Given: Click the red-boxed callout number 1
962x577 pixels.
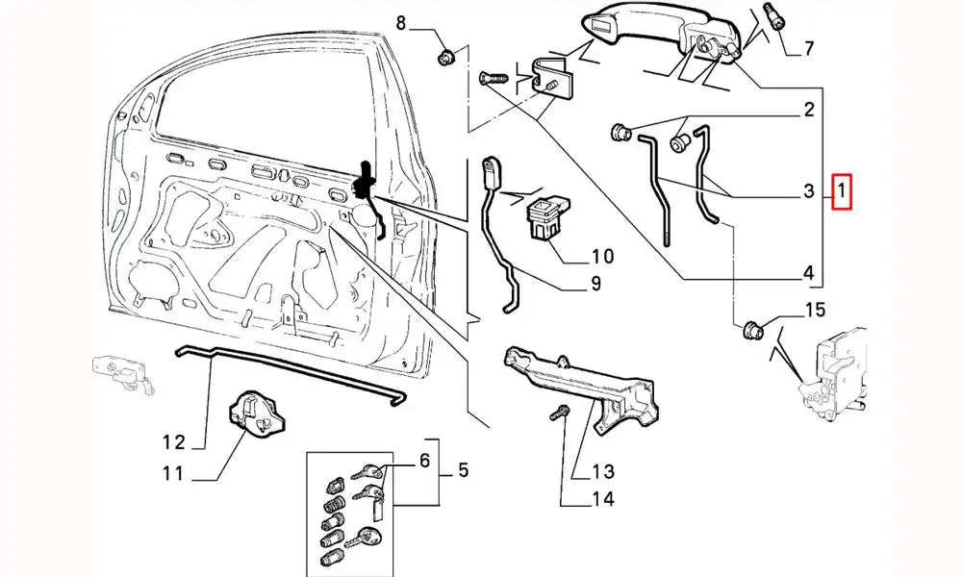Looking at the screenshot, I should (x=842, y=192).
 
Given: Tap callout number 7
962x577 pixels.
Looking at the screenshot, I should (x=808, y=48).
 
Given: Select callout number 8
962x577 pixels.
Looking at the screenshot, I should (x=402, y=21).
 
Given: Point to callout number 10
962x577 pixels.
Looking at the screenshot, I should (x=601, y=257).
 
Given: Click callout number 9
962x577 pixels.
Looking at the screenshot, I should (x=595, y=284).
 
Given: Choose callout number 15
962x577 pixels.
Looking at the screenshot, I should (x=815, y=310).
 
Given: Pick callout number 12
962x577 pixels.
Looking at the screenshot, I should (x=173, y=442).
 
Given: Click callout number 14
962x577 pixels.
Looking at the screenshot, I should (x=602, y=499).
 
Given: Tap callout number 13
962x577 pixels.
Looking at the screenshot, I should (x=602, y=471).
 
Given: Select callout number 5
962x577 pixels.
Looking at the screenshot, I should (x=463, y=471).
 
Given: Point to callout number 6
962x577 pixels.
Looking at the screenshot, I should (x=422, y=463).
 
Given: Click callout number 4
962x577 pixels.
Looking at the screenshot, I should (x=808, y=272).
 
